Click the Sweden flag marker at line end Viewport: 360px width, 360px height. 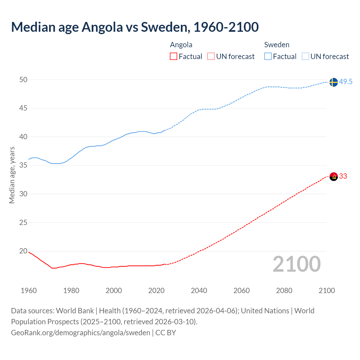(x=333, y=82)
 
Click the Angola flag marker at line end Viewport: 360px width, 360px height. (x=333, y=177)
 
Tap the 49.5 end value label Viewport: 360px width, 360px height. (x=346, y=82)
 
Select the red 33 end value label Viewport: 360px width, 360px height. (x=343, y=176)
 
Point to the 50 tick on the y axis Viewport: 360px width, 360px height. (x=23, y=80)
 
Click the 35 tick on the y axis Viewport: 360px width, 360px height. (x=23, y=165)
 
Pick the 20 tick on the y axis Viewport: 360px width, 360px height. (x=23, y=251)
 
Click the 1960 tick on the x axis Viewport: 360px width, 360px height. (x=29, y=291)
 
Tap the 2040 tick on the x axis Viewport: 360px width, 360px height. (x=199, y=291)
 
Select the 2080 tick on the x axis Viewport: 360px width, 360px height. (x=284, y=291)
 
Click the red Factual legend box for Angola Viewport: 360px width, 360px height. (x=174, y=57)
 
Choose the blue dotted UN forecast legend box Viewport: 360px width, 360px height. (x=305, y=57)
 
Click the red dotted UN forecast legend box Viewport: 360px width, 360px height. (x=211, y=57)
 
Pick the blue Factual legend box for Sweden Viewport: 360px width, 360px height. (x=268, y=57)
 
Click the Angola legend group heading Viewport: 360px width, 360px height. (x=181, y=45)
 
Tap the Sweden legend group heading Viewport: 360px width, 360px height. (x=277, y=45)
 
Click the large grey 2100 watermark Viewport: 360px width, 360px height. (x=296, y=264)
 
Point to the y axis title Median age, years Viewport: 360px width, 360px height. (x=12, y=175)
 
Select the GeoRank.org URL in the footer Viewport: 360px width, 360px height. (x=80, y=333)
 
